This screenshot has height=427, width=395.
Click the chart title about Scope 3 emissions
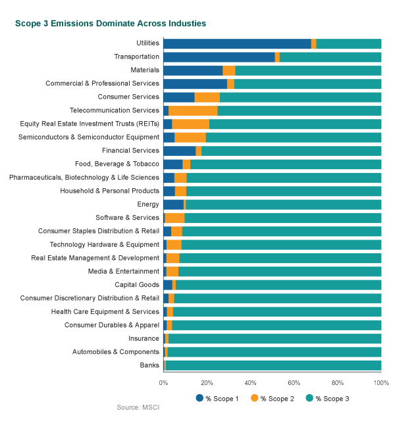[111, 24]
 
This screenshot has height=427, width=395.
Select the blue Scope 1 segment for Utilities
[237, 43]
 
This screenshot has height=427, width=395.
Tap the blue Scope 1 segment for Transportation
[219, 57]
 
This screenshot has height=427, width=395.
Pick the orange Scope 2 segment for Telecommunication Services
[193, 111]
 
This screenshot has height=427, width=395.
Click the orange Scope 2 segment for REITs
[190, 124]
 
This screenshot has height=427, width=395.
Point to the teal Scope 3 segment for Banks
[273, 365]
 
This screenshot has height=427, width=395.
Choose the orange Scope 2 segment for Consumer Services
[207, 97]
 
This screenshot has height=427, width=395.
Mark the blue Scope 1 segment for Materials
[193, 70]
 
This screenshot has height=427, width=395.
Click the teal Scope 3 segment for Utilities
[349, 43]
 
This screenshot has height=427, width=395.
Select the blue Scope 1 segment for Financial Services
[179, 151]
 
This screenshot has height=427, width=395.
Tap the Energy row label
[147, 204]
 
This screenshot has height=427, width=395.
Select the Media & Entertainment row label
[123, 271]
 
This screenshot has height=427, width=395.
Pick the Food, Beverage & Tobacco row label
[117, 164]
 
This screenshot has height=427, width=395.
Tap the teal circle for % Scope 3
[309, 398]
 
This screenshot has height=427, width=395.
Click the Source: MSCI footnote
[138, 408]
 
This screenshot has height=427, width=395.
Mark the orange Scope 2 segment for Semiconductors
[190, 138]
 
